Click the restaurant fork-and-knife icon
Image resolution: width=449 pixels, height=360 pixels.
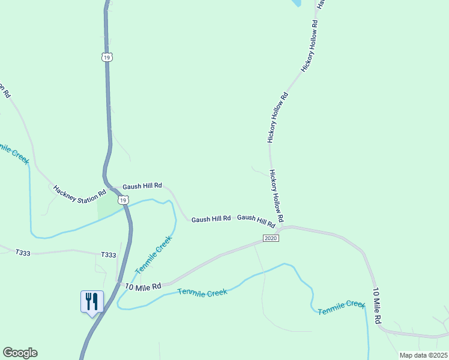pyautogui.click(x=92, y=301)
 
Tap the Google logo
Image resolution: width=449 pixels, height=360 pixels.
pyautogui.click(x=20, y=353)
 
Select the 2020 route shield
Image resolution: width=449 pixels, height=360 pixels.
pyautogui.click(x=271, y=238)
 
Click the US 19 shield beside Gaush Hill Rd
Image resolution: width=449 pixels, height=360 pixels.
pyautogui.click(x=122, y=200)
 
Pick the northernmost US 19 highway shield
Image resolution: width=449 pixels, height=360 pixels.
pyautogui.click(x=107, y=57)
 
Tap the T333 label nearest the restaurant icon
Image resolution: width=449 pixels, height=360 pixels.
pyautogui.click(x=109, y=255)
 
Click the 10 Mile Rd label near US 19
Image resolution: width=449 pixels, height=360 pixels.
pyautogui.click(x=144, y=287)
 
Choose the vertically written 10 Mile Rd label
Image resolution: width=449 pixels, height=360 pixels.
pyautogui.click(x=378, y=307)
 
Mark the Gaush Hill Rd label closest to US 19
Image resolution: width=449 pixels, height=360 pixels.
pyautogui.click(x=142, y=187)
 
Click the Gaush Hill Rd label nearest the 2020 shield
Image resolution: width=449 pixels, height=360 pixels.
pyautogui.click(x=256, y=220)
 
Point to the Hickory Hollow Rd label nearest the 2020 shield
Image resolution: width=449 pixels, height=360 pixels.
pyautogui.click(x=277, y=196)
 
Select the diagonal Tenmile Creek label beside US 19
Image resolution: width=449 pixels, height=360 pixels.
pyautogui.click(x=154, y=255)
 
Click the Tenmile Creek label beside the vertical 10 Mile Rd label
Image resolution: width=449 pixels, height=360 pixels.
pyautogui.click(x=342, y=308)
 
